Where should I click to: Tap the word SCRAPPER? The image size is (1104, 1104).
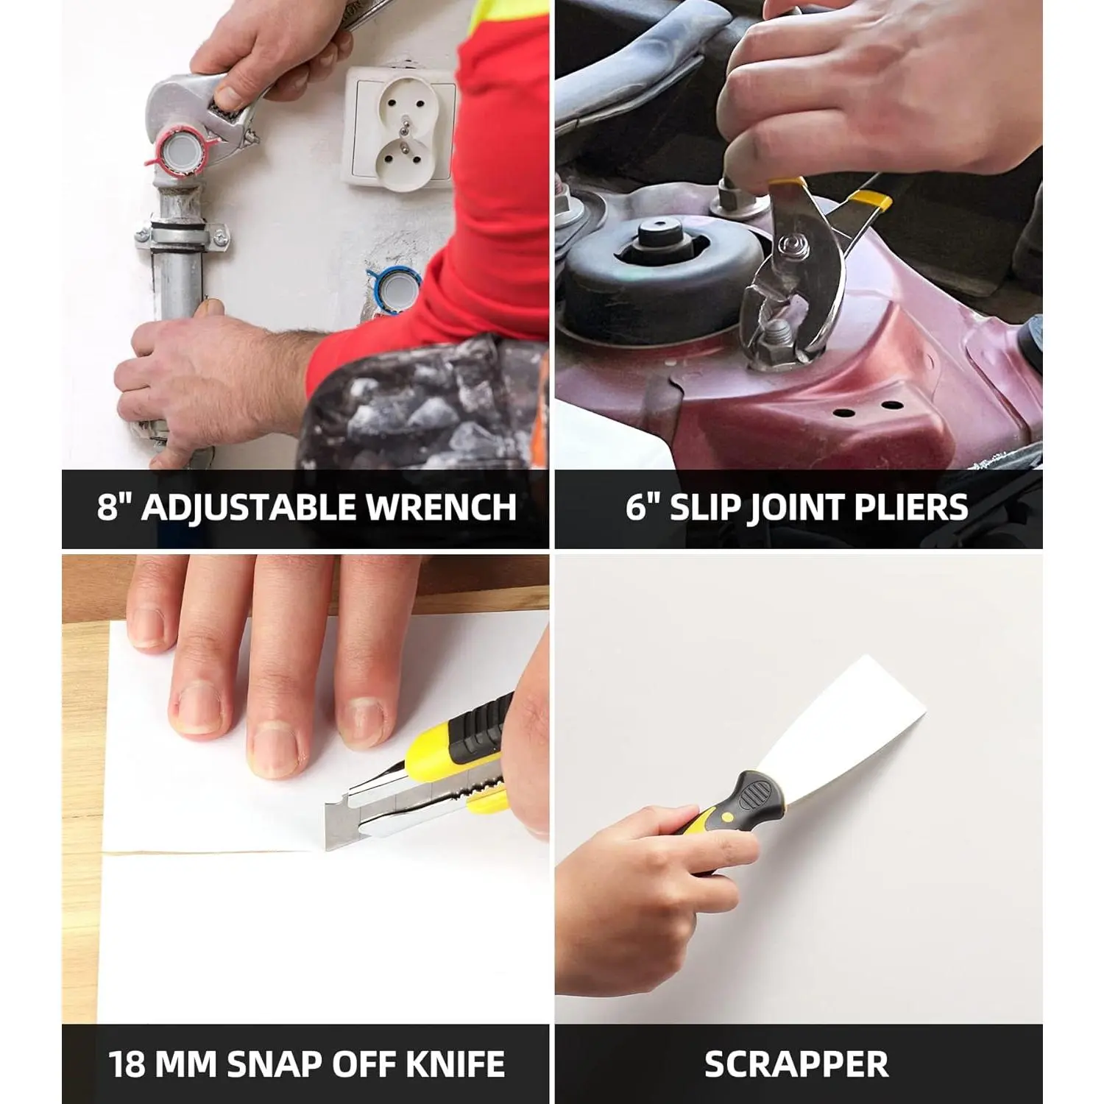coord(796,1064)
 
